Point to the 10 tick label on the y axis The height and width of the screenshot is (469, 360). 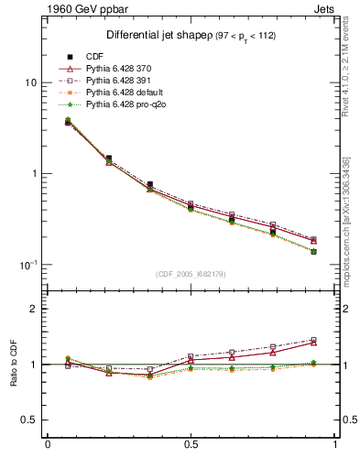30,82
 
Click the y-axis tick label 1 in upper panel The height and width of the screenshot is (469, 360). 33,173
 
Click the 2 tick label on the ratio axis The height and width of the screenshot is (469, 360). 33,310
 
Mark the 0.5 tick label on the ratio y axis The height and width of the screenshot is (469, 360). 28,420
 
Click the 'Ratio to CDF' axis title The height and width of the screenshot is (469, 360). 14,365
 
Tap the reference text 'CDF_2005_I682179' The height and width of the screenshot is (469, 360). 191,274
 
